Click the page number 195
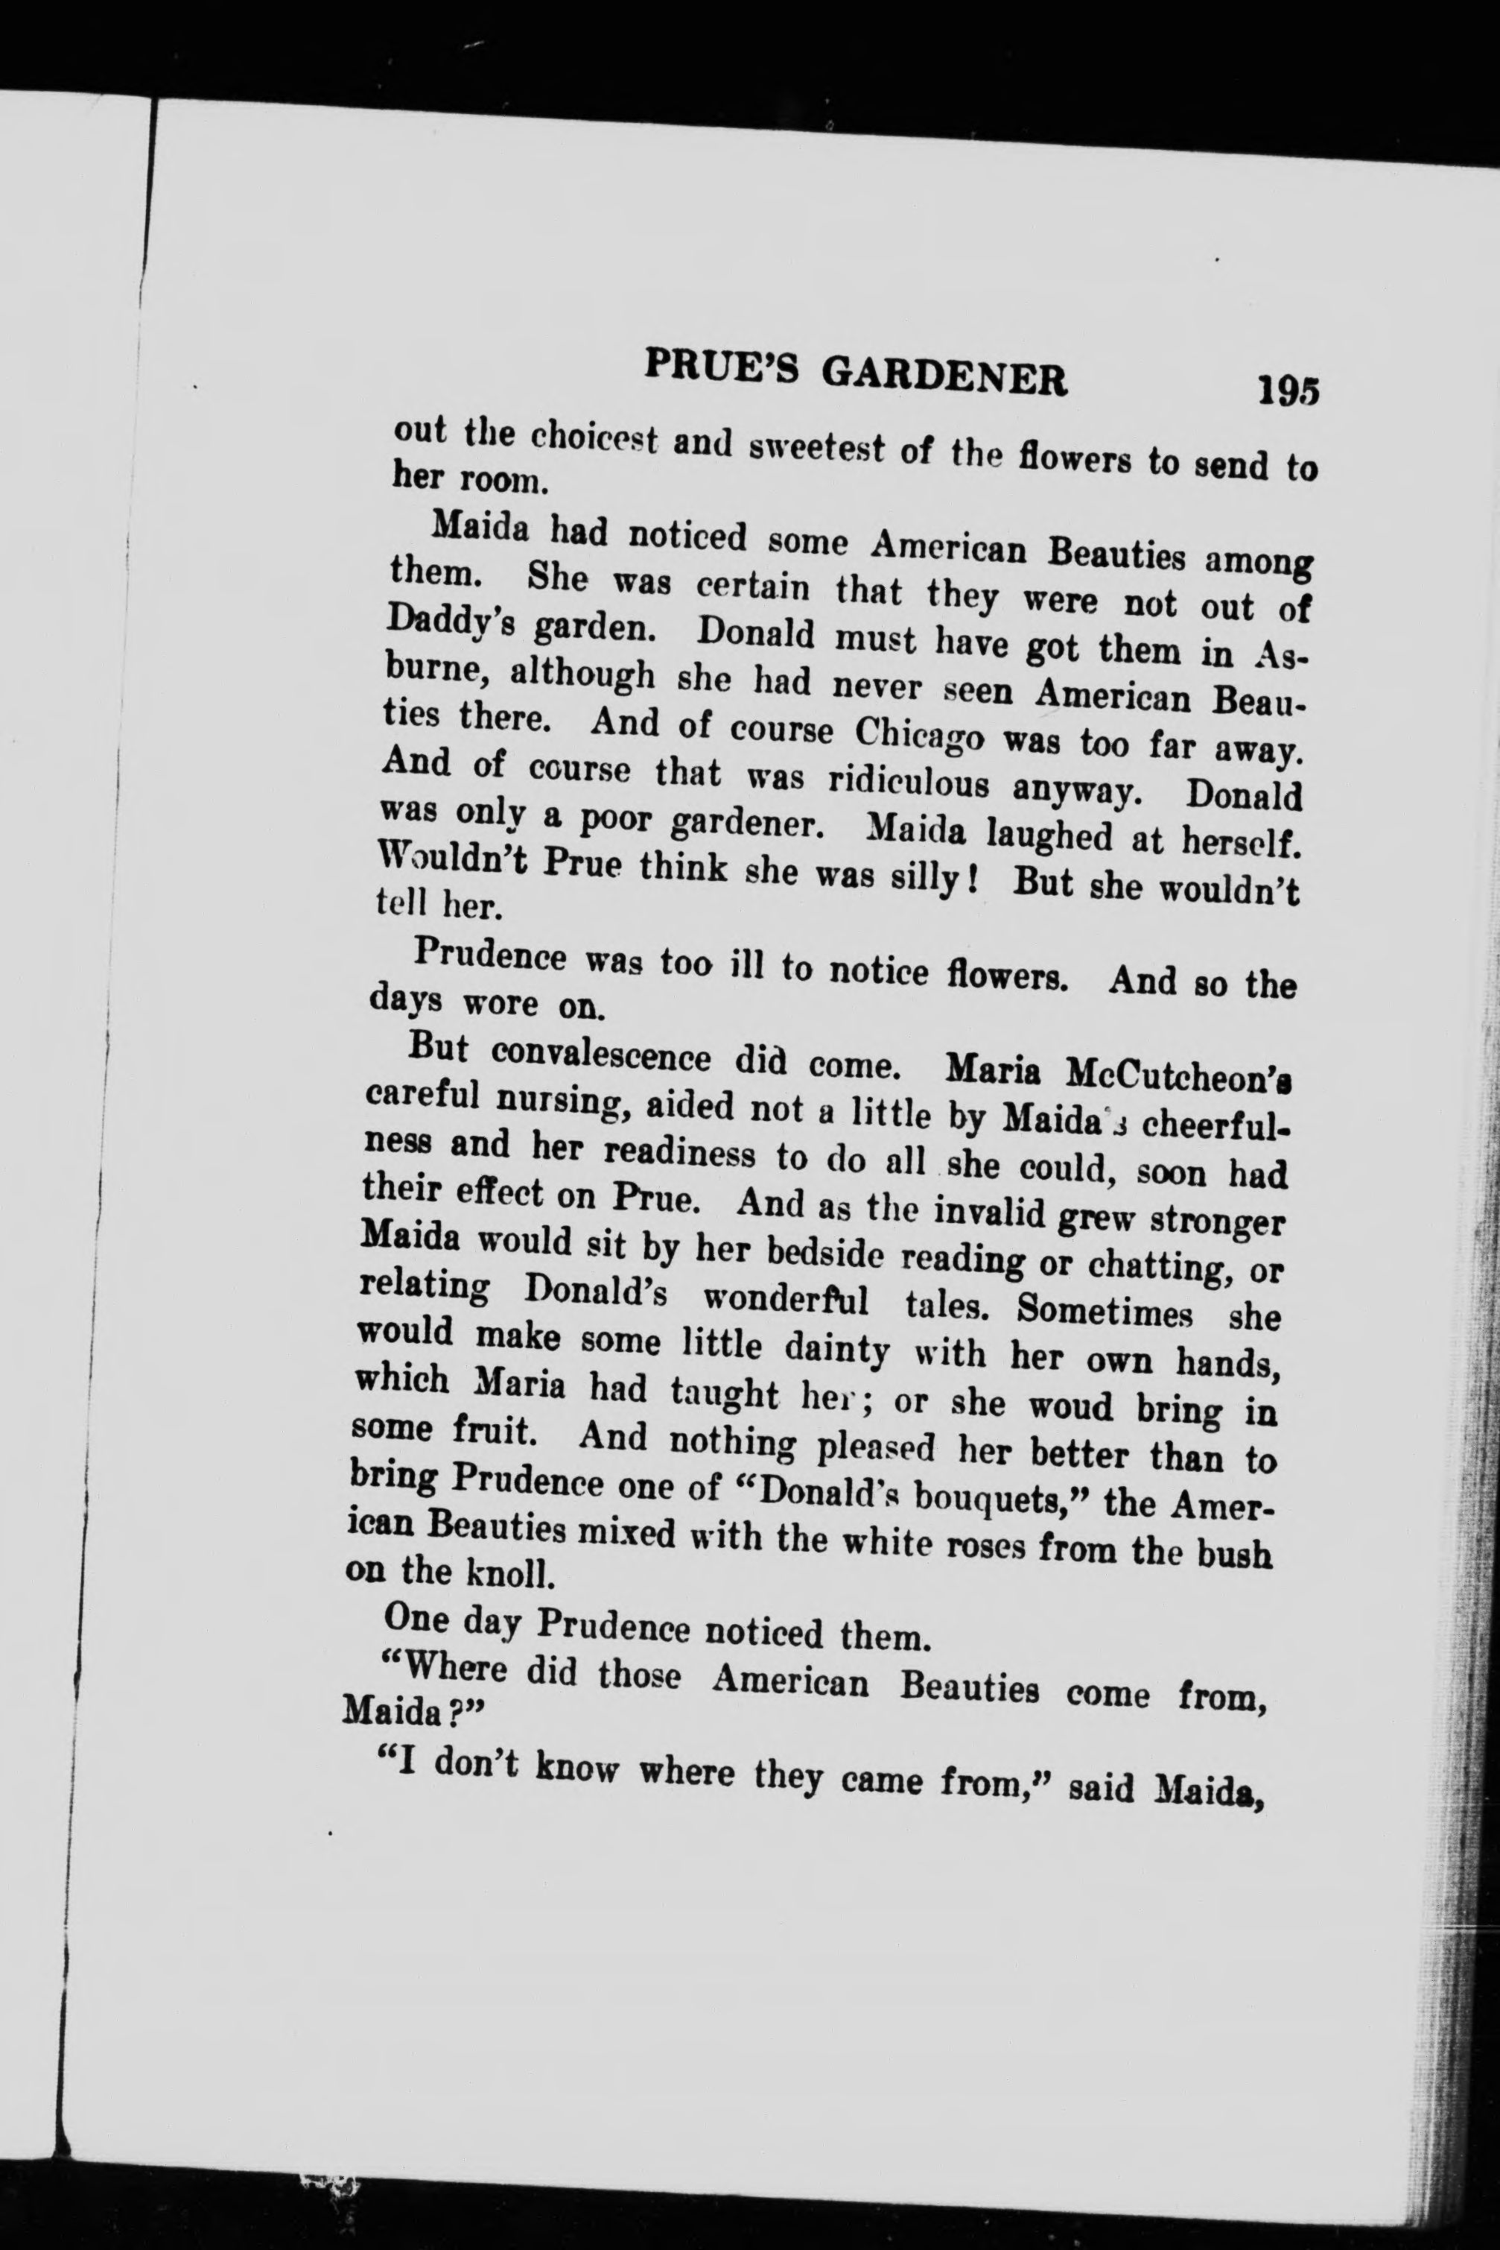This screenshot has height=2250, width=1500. click(1288, 391)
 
